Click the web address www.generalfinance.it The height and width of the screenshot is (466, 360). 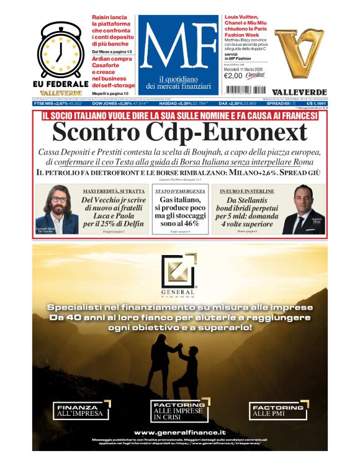coord(179,432)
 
